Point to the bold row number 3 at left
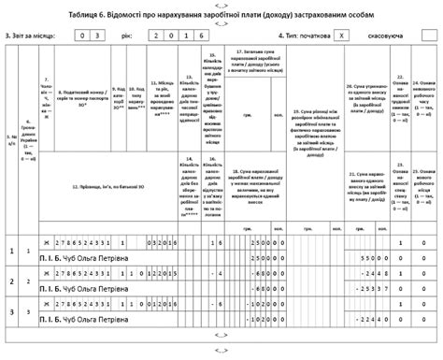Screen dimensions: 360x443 pos(10,310)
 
